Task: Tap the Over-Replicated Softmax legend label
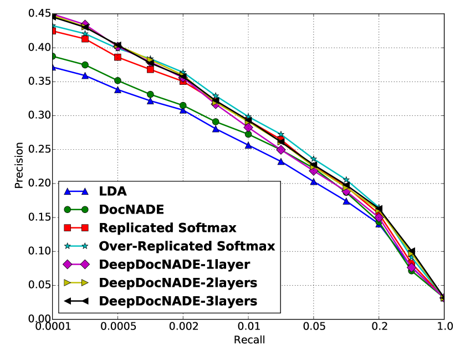pyautogui.click(x=187, y=246)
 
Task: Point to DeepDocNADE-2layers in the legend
pyautogui.click(x=178, y=282)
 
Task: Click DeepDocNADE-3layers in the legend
pyautogui.click(x=178, y=301)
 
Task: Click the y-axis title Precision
pyautogui.click(x=19, y=165)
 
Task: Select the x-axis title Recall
pyautogui.click(x=249, y=339)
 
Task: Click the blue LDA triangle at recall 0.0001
pyautogui.click(x=53, y=67)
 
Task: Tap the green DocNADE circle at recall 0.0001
pyautogui.click(x=53, y=57)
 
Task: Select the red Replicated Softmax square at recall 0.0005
pyautogui.click(x=118, y=57)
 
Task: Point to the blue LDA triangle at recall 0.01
pyautogui.click(x=248, y=145)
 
